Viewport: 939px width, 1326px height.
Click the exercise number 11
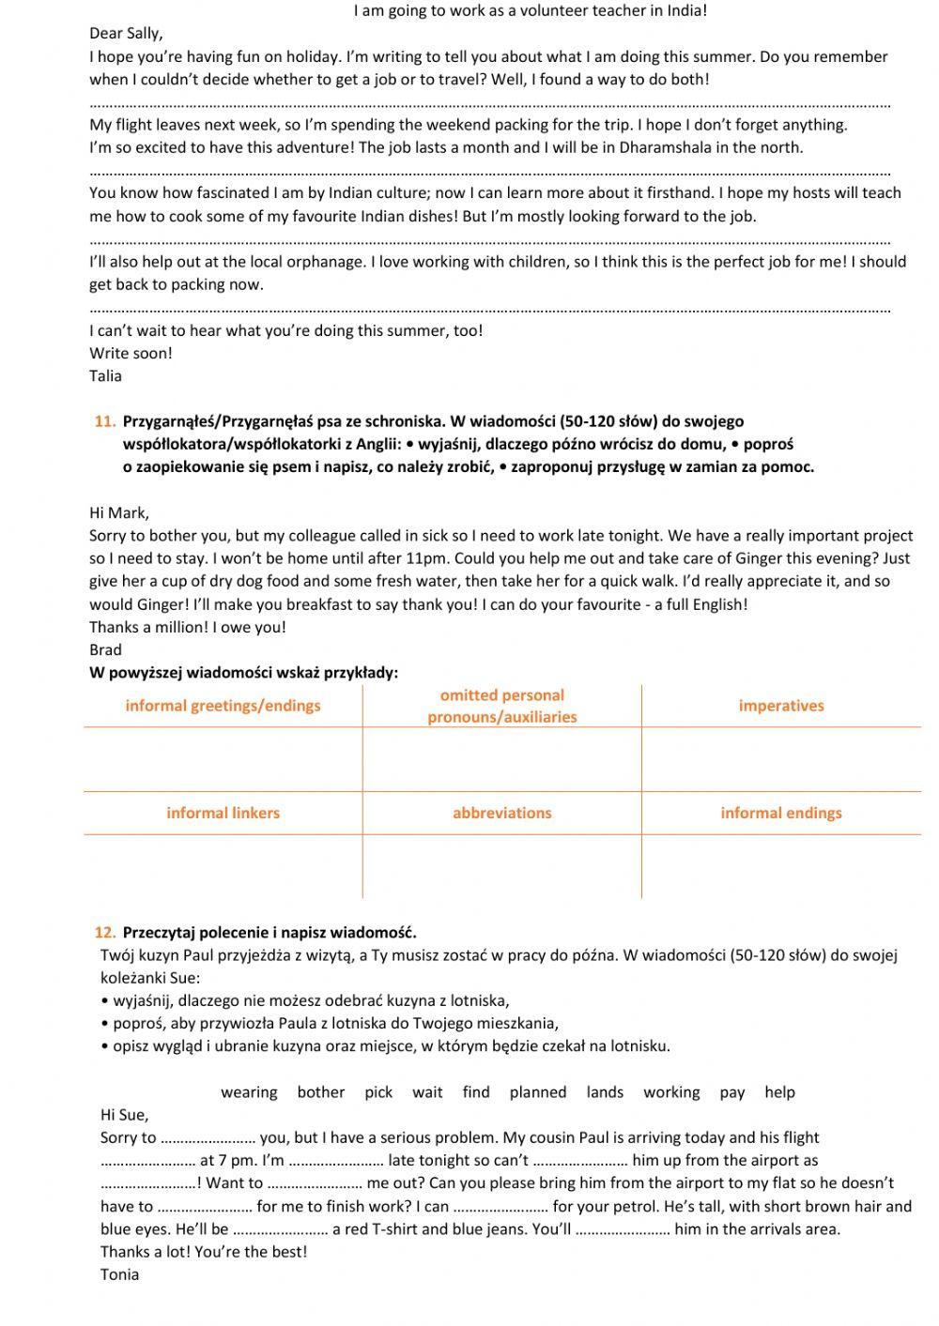click(104, 421)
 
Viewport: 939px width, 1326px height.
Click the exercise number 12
click(104, 932)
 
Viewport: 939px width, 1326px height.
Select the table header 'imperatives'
click(780, 706)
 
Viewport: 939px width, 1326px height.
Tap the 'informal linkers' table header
click(223, 813)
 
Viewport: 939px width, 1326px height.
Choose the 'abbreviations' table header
click(501, 813)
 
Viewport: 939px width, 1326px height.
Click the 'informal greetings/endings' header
click(223, 706)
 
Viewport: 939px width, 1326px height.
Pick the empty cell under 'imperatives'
click(780, 759)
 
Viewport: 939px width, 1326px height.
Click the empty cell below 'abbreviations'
click(501, 866)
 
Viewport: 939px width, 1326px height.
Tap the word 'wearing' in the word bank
click(249, 1092)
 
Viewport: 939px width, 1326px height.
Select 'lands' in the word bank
click(605, 1092)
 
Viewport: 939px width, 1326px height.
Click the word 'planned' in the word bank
click(538, 1092)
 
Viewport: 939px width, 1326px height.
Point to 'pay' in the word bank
click(732, 1092)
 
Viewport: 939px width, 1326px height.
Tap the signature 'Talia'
click(105, 376)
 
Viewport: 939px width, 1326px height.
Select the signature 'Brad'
click(105, 649)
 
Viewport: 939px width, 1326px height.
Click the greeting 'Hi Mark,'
click(119, 512)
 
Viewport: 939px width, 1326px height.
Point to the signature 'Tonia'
click(119, 1274)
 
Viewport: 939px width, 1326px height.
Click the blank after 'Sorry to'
click(208, 1138)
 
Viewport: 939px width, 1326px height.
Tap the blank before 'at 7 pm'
click(147, 1161)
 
